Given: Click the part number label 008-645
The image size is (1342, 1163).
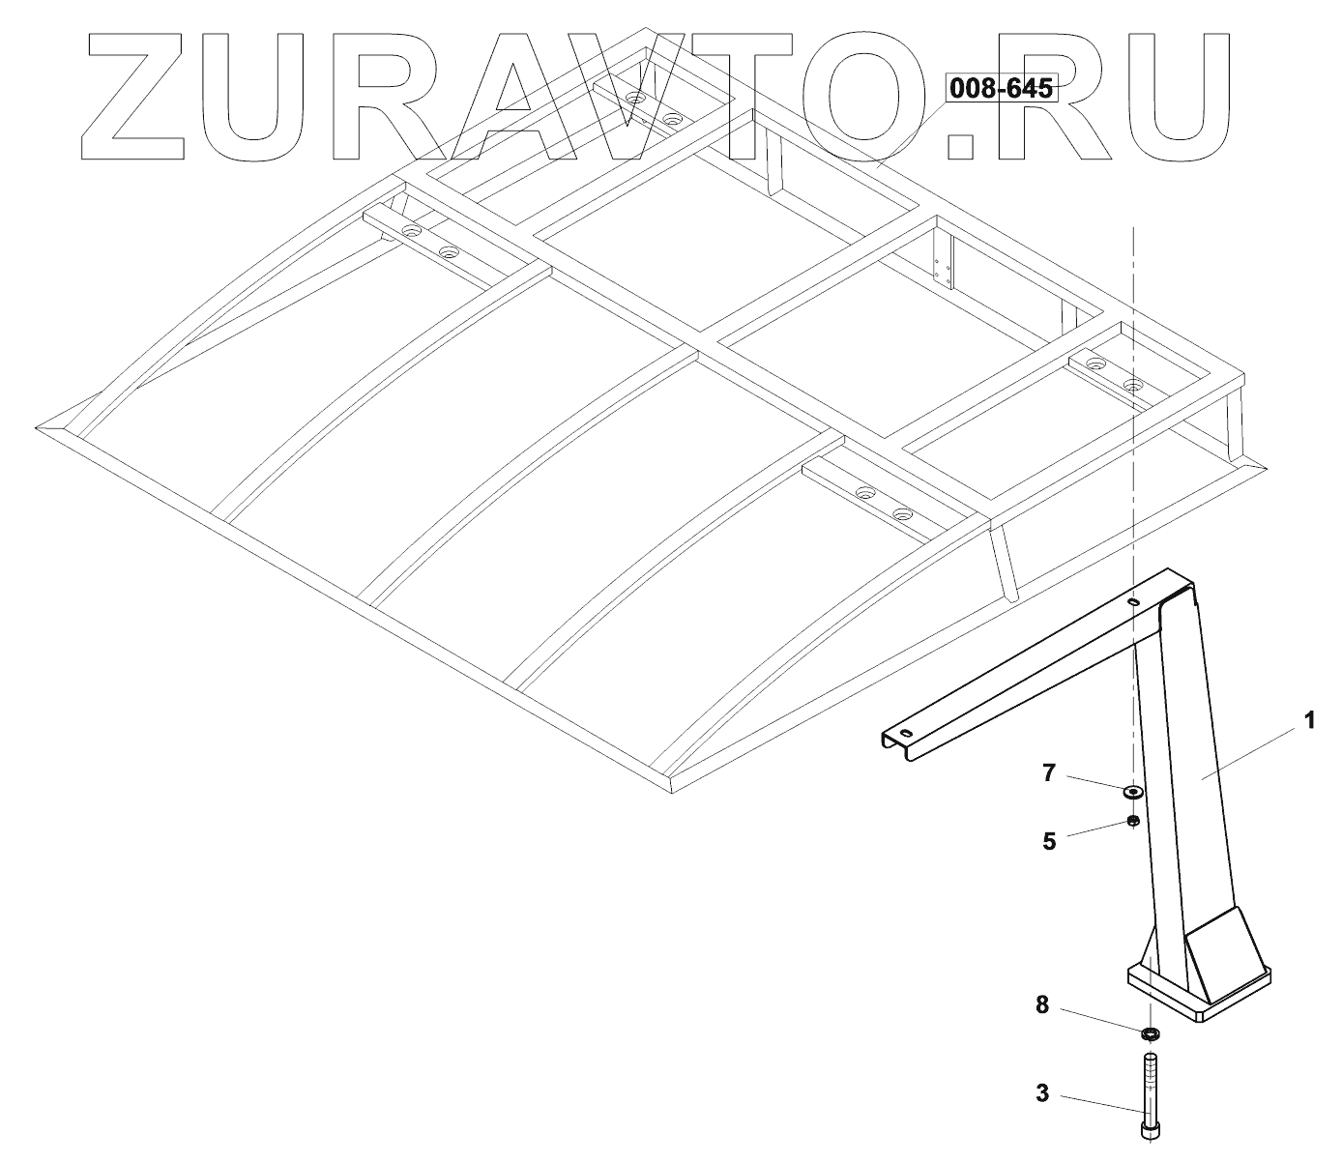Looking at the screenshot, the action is pyautogui.click(x=1001, y=89).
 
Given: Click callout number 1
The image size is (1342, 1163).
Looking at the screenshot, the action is pyautogui.click(x=1309, y=720).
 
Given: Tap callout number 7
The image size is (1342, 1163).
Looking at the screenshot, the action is pyautogui.click(x=1049, y=772).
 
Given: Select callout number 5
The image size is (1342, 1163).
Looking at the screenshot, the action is pyautogui.click(x=1049, y=840).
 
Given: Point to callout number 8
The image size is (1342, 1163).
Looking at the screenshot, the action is pyautogui.click(x=1041, y=1005).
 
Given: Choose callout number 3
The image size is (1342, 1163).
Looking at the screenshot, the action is pyautogui.click(x=1041, y=1093).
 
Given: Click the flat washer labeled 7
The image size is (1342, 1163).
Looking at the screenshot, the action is pyautogui.click(x=1132, y=793).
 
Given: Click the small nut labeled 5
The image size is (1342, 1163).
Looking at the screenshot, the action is pyautogui.click(x=1133, y=822).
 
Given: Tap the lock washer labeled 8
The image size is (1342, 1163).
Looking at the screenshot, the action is pyautogui.click(x=1150, y=1033).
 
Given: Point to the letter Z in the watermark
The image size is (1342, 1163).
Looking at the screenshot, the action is pyautogui.click(x=140, y=97).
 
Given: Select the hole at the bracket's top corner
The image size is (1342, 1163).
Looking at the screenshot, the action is pyautogui.click(x=1132, y=602).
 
